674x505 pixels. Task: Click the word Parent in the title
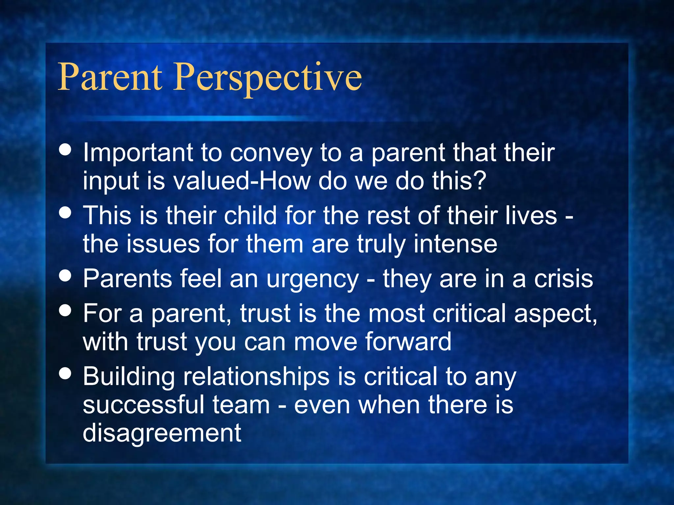tap(110, 77)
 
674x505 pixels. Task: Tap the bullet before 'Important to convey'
tap(65, 149)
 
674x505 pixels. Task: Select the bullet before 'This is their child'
tap(65, 212)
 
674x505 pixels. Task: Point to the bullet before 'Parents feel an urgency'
tap(65, 276)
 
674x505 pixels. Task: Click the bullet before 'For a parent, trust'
tap(65, 310)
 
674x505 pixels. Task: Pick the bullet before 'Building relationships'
tap(65, 373)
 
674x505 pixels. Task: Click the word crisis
tap(563, 279)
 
